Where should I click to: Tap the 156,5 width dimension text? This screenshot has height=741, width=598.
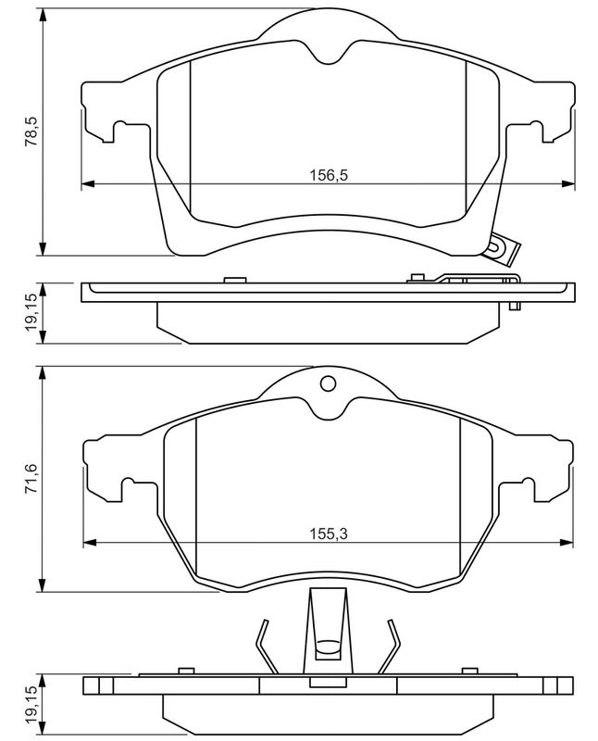point(329,175)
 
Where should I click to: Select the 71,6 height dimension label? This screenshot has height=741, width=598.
point(31,479)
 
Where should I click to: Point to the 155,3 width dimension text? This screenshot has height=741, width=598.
point(329,534)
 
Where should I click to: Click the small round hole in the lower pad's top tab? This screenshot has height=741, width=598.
point(328,383)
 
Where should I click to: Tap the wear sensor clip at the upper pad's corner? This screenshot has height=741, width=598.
point(501,248)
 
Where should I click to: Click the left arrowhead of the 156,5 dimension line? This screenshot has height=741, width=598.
point(88,183)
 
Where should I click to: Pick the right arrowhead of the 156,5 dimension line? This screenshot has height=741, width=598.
point(568,183)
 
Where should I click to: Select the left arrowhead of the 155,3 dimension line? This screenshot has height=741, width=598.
point(90,542)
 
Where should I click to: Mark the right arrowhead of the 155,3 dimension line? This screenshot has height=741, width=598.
point(567,542)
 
